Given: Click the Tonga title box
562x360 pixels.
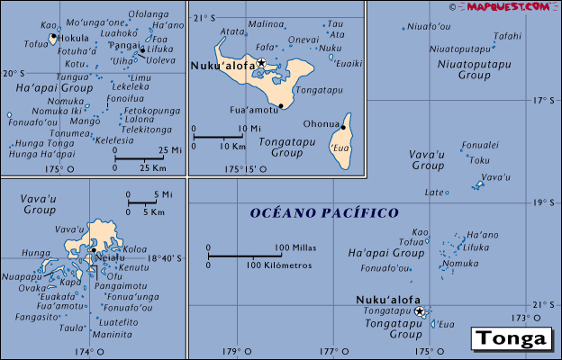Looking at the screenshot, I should click(x=510, y=339).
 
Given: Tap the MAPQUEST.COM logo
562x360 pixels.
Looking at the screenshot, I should click(x=507, y=6).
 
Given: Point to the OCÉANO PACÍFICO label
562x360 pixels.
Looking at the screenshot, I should click(x=323, y=213).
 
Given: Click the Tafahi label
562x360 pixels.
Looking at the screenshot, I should click(x=507, y=36).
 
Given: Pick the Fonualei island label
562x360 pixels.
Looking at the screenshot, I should click(x=479, y=144).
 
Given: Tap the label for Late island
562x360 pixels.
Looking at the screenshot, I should click(x=434, y=192).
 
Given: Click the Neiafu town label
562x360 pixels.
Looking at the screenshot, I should click(x=108, y=258).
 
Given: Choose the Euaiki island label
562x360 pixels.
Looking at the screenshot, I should click(x=349, y=63).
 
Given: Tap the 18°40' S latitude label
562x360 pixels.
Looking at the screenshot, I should click(x=165, y=258).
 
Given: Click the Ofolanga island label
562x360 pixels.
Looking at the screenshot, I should click(x=149, y=14).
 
